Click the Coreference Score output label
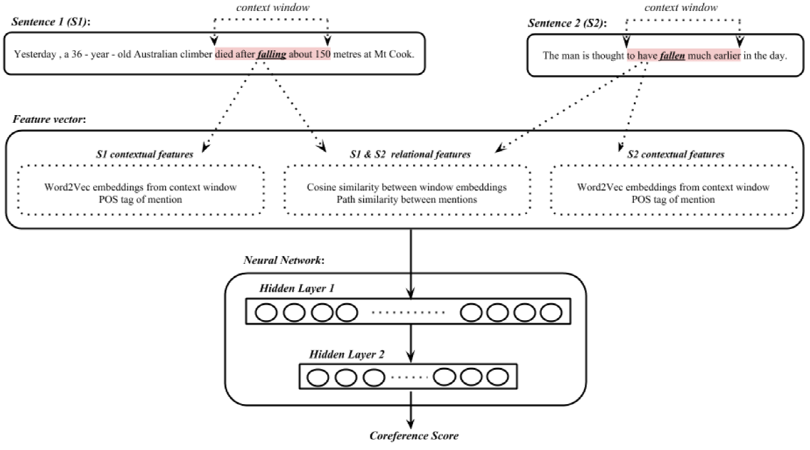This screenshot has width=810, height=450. pos(413,436)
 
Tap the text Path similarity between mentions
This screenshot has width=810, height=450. pos(407,199)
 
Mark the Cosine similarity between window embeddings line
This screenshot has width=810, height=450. pos(407,187)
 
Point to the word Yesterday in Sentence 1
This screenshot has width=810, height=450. pos(43,55)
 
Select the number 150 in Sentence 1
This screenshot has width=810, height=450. pos(321,55)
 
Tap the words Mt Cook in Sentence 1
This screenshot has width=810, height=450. pos(394,55)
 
